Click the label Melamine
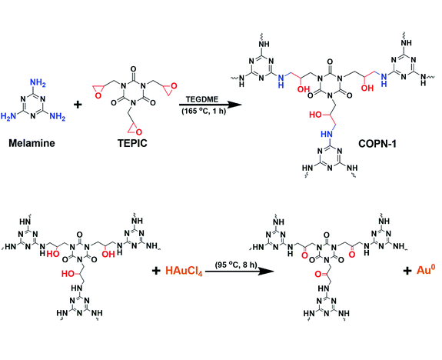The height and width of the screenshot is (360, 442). [32, 143]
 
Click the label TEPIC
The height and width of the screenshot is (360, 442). [132, 143]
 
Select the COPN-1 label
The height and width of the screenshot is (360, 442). [377, 144]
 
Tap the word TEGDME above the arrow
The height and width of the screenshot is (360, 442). [202, 99]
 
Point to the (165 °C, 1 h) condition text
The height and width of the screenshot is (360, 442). [204, 111]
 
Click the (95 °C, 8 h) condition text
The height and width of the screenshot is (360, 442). [236, 265]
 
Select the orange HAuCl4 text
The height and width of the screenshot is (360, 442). [184, 271]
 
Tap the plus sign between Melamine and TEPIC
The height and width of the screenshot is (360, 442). [78, 105]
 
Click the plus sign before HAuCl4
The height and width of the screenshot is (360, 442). [156, 271]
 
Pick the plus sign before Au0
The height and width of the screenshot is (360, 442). [407, 271]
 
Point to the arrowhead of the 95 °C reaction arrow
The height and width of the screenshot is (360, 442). [267, 272]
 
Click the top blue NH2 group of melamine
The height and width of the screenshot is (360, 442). [38, 83]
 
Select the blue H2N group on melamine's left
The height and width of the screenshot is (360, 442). [8, 116]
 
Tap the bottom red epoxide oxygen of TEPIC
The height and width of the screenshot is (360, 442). [138, 132]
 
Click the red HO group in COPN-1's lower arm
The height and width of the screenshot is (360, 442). [315, 115]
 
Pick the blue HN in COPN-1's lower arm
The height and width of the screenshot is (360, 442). [327, 134]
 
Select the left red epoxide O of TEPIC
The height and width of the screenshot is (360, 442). [98, 95]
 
